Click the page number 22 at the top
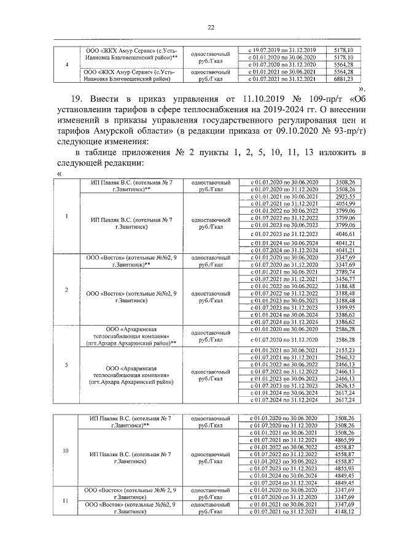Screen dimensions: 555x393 (211, 28)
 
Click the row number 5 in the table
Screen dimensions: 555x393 (66, 366)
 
